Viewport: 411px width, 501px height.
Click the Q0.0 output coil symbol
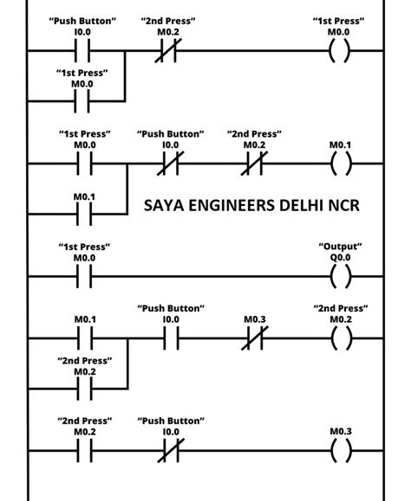point(340,278)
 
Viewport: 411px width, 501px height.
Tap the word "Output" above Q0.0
point(340,246)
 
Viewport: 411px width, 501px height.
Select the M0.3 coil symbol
point(340,452)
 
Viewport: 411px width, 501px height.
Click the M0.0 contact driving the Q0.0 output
point(83,278)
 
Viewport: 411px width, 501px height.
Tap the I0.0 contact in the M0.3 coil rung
point(170,452)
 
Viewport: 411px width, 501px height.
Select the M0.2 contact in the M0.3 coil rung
point(83,452)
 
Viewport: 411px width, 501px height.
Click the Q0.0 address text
point(340,258)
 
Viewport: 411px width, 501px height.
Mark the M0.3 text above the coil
point(340,431)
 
